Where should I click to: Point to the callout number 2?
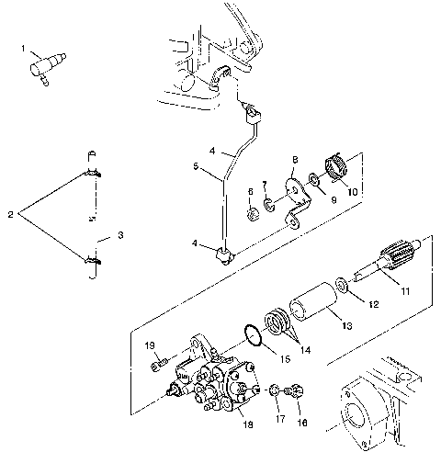[x=10, y=214]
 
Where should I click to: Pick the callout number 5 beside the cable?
[x=195, y=167]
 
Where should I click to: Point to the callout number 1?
[x=24, y=45]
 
